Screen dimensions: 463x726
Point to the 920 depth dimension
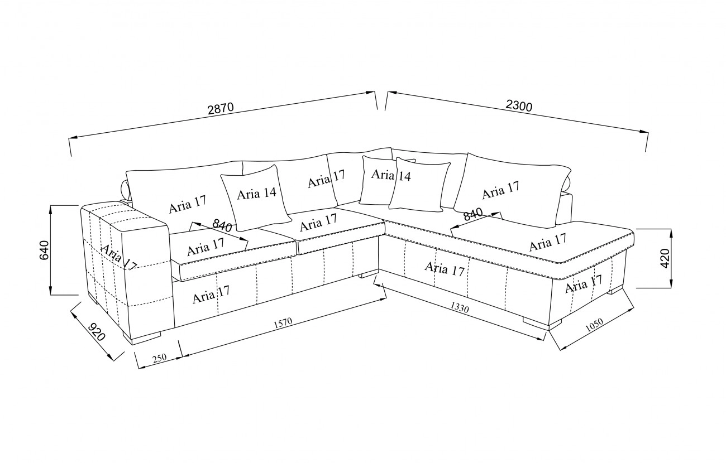[x=95, y=331]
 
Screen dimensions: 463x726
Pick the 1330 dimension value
[x=462, y=308]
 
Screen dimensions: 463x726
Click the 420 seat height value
[x=665, y=259]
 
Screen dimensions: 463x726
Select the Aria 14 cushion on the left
[x=256, y=194]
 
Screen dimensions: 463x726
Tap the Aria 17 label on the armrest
[x=118, y=258]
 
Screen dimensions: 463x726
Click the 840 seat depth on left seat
[x=222, y=226]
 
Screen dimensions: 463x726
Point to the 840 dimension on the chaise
[x=472, y=214]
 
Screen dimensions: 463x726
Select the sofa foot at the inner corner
[x=369, y=274]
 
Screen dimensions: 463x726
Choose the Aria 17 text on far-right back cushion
[x=501, y=191]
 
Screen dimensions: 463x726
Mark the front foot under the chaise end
[x=536, y=323]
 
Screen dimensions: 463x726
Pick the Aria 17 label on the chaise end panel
[x=583, y=285]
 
